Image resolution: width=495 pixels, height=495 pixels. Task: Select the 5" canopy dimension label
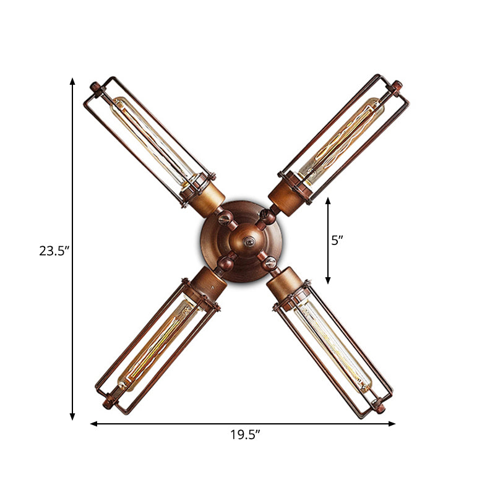(337, 241)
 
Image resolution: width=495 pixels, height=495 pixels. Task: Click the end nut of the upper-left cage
(94, 86)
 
